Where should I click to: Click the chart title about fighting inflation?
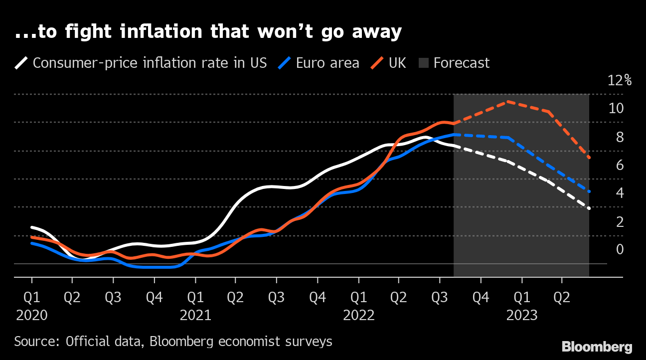point(208,32)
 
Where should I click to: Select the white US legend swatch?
point(21,63)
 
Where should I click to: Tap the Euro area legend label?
point(327,63)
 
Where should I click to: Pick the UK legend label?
point(397,63)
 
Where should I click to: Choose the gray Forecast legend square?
point(423,63)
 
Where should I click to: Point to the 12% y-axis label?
point(620,80)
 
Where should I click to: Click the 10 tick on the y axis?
point(616,108)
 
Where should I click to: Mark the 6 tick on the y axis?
point(620,165)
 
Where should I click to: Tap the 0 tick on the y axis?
point(620,249)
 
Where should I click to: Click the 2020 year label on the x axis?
point(32,315)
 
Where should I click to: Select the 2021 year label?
point(195,315)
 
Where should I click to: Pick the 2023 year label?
point(522,315)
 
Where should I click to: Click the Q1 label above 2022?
point(358,298)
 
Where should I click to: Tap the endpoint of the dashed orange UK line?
point(589,158)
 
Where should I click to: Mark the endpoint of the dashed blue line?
point(589,191)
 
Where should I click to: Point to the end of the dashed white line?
point(589,208)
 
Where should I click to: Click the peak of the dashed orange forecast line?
point(507,102)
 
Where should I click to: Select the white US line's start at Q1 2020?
point(32,227)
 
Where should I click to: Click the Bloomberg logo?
point(597,347)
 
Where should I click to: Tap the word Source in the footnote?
point(35,342)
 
